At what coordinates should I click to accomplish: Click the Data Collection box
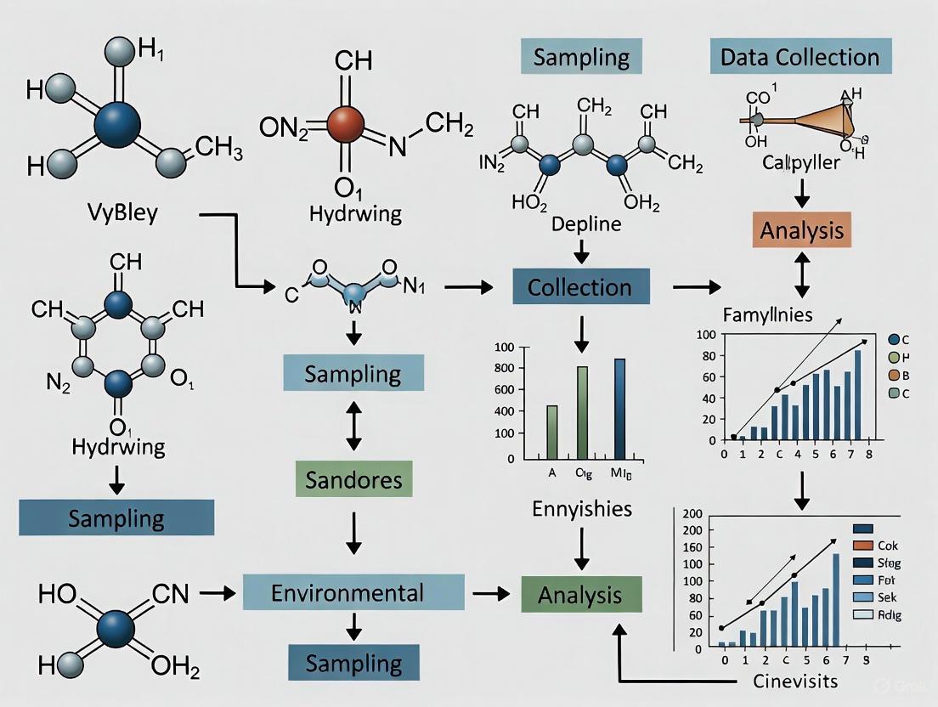[x=800, y=57]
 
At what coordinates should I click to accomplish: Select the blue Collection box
[x=580, y=286]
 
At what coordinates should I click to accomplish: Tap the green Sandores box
[x=354, y=479]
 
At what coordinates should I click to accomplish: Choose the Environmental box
[x=354, y=591]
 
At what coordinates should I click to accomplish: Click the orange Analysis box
[x=802, y=230]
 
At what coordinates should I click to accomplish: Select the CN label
[x=167, y=593]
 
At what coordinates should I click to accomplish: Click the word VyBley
[x=122, y=212]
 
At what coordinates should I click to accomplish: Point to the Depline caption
[x=586, y=225]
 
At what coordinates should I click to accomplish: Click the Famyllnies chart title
[x=767, y=315]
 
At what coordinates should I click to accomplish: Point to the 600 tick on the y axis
[x=505, y=390]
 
